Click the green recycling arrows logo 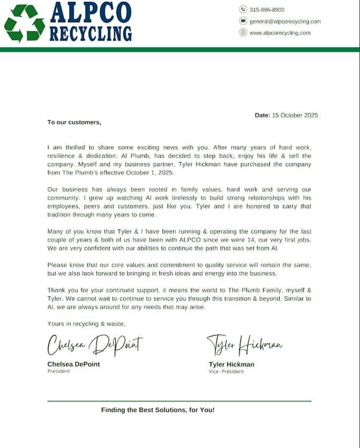[24, 23]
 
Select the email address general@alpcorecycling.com [285, 21]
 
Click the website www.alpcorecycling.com [280, 33]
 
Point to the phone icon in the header [243, 10]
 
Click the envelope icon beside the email [243, 21]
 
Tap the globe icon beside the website [243, 33]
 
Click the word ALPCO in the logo [90, 12]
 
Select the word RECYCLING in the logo [91, 33]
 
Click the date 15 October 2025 [295, 115]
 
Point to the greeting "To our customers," [74, 122]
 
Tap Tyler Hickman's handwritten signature [244, 344]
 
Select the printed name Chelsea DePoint [73, 364]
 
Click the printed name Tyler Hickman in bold [231, 364]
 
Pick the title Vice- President [226, 371]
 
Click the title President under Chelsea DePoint [58, 371]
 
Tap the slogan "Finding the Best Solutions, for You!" [157, 410]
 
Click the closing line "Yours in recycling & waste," [86, 323]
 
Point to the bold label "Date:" [262, 115]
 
